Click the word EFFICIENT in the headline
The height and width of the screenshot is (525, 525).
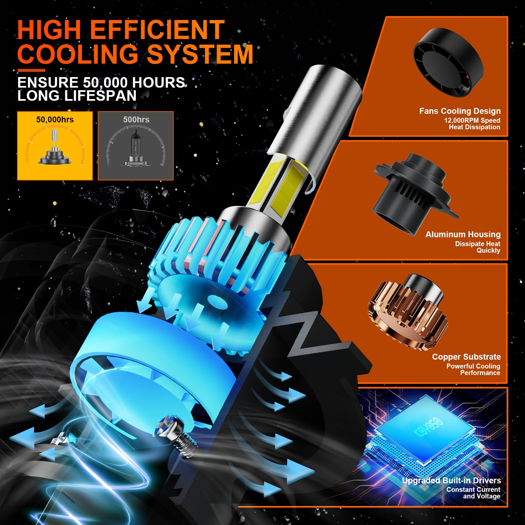point(157,30)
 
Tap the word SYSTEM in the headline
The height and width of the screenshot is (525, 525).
point(200,54)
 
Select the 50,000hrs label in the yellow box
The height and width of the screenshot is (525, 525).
point(55,119)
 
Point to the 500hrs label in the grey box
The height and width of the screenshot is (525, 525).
point(136,119)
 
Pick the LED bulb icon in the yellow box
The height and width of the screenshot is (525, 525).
point(55,148)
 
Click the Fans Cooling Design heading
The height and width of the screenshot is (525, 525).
point(460,111)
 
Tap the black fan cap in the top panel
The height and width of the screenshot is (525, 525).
point(448,62)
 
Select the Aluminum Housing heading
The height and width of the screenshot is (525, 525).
point(463,235)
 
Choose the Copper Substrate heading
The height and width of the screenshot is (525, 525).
point(466,357)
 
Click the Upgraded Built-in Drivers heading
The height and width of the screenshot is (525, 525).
point(451,480)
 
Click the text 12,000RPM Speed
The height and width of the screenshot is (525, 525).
point(472,120)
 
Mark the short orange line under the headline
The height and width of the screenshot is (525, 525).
point(31,70)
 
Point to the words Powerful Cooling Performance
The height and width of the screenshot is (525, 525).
point(473,369)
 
